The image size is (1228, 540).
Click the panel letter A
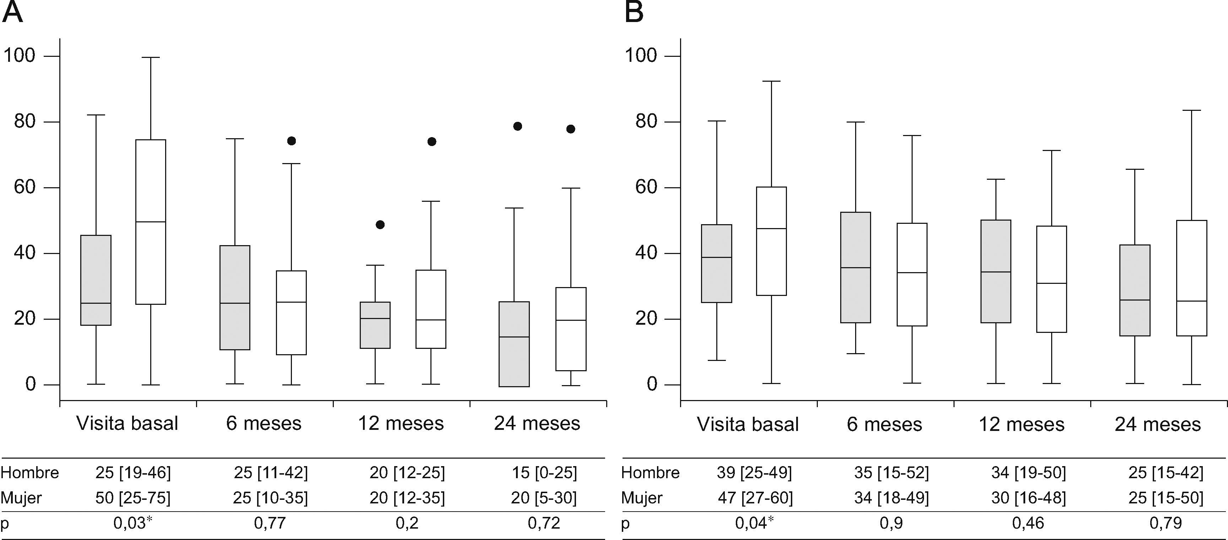12,12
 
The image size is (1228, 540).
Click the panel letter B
634,12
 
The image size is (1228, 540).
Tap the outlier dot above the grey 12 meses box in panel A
380,225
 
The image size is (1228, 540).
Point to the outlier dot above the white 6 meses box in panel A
291,141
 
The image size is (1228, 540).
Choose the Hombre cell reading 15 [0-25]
544,473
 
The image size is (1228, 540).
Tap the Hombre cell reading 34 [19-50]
1028,473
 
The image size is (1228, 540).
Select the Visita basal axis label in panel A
127,423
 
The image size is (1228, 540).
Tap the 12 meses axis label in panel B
1022,424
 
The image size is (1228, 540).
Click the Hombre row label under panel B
650,473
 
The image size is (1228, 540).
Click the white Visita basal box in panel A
151,222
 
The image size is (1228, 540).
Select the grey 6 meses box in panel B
856,268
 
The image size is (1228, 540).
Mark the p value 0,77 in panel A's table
270,523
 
